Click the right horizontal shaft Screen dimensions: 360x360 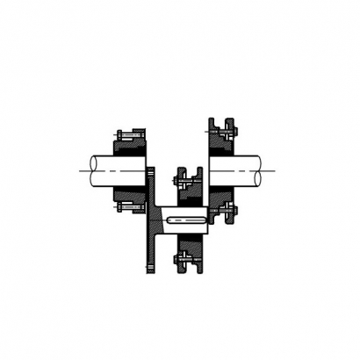coord(235,169)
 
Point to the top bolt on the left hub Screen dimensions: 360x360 coord(130,133)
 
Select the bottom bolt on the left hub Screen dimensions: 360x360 coord(130,207)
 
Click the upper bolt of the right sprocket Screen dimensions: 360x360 coord(220,133)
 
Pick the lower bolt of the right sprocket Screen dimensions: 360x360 coord(221,210)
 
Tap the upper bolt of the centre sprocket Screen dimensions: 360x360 coord(186,183)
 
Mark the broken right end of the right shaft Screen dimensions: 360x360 coord(261,169)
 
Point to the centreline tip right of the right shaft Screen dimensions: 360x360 coord(275,169)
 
